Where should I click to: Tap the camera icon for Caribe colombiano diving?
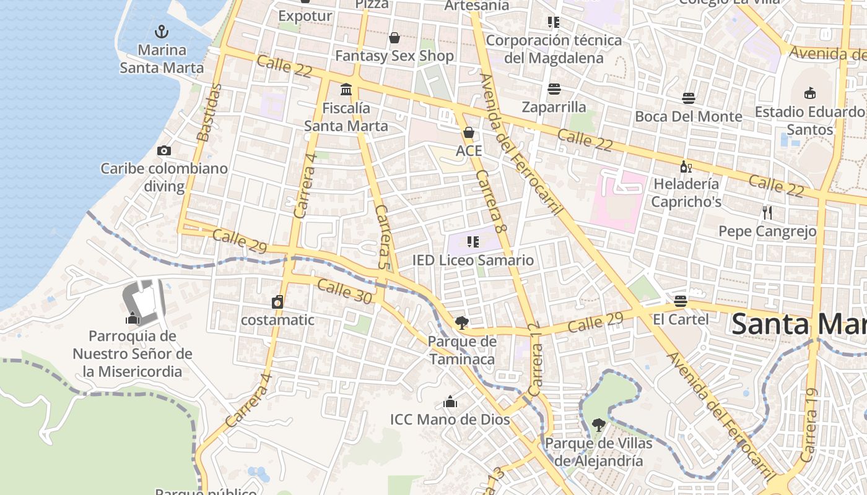click(x=164, y=150)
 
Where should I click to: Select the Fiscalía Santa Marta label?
click(x=346, y=117)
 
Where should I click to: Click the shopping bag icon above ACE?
click(x=469, y=132)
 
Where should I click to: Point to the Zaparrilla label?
click(x=554, y=107)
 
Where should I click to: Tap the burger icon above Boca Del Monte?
click(x=689, y=98)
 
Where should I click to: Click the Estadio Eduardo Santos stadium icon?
click(x=809, y=93)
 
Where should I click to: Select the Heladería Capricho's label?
click(x=686, y=192)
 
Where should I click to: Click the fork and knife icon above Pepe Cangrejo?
click(x=767, y=213)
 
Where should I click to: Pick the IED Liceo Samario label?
click(x=473, y=260)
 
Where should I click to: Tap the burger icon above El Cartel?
click(x=681, y=301)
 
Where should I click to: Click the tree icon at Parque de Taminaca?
click(x=461, y=322)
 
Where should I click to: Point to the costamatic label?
click(x=277, y=320)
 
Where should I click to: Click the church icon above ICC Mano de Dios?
click(x=450, y=402)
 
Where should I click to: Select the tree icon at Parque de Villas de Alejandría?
click(x=598, y=425)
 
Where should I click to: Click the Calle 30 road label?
click(x=344, y=291)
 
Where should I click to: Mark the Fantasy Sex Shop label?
click(x=394, y=56)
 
